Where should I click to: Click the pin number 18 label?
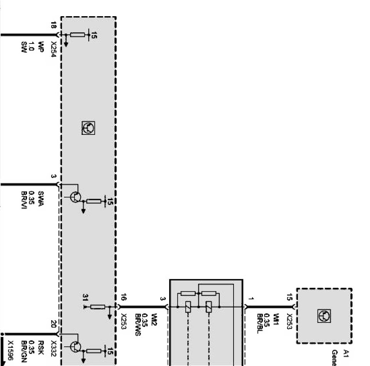53,26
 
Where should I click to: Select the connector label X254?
53,50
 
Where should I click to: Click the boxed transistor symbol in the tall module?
88,128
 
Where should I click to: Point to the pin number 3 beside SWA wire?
53,176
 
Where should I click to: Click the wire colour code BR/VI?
24,200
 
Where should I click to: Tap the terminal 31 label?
85,298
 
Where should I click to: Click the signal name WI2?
153,319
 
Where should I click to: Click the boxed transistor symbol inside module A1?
324,316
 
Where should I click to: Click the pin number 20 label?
54,324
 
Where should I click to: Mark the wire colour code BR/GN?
24,350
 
